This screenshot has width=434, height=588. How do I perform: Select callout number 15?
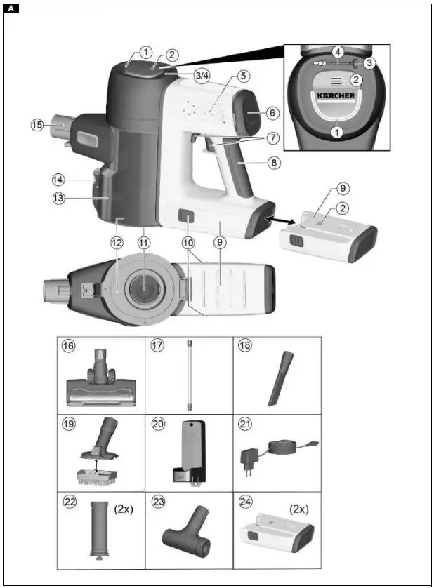pos(37,125)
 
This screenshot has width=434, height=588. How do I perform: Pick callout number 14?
pos(60,179)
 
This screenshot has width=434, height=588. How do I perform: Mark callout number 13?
pos(60,198)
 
